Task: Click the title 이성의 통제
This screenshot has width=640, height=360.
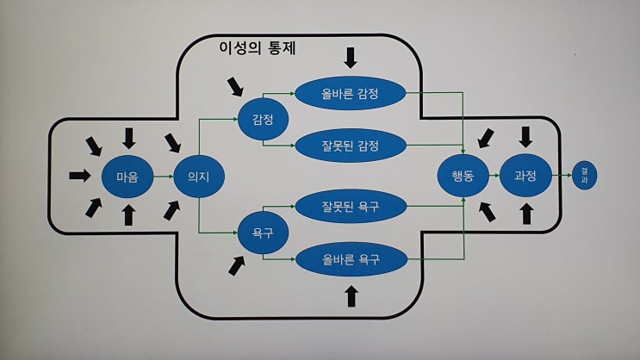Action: tap(259, 48)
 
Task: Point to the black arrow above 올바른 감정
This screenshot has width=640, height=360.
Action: tap(350, 58)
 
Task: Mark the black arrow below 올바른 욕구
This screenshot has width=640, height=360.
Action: tap(351, 296)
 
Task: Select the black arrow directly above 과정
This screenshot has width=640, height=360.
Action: tap(526, 136)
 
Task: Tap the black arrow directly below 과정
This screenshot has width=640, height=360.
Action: tap(526, 214)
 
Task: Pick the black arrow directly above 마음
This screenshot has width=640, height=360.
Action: tap(129, 136)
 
